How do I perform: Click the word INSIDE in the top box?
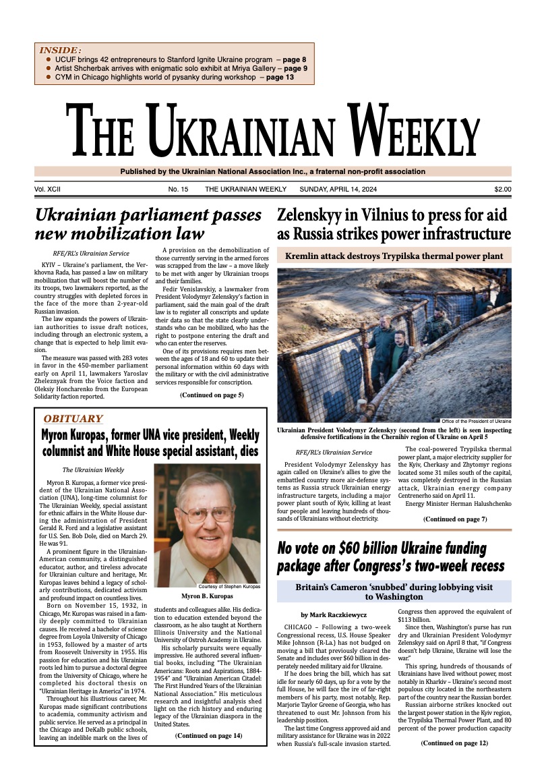pos(61,50)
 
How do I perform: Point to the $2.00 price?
pos(502,190)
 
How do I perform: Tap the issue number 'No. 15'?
pos(179,190)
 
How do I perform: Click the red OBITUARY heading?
pos(73,418)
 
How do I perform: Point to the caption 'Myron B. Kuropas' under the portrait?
pos(207,596)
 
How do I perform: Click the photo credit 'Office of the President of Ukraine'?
pos(476,422)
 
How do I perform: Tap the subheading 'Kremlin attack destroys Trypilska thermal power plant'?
pos(394,256)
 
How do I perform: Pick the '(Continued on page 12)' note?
pos(454,743)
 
